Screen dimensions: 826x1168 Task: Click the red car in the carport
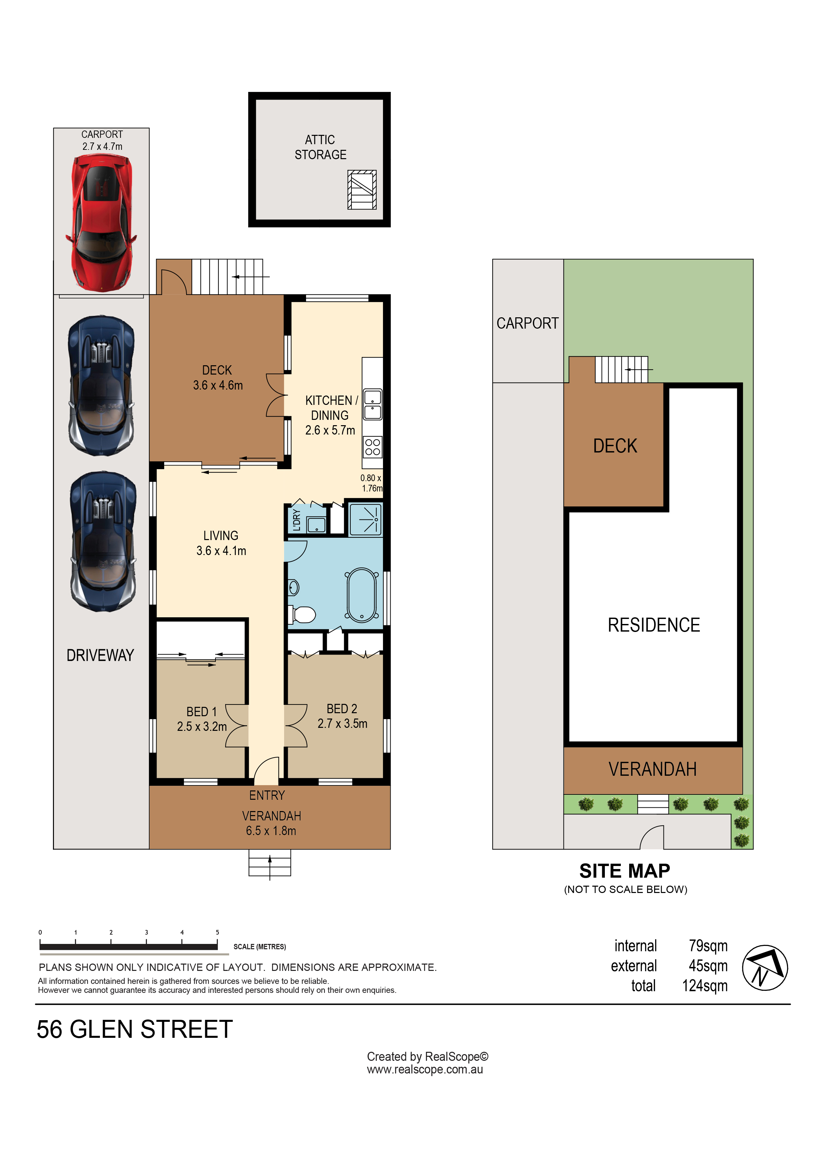[x=101, y=223]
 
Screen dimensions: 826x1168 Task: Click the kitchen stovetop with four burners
[x=373, y=446]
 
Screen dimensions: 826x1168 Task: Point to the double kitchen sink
[x=373, y=405]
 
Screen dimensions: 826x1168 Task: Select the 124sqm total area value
[x=705, y=986]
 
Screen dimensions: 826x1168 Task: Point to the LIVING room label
[x=221, y=536]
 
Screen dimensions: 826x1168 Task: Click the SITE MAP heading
[x=625, y=871]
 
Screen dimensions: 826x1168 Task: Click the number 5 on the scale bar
[x=217, y=933]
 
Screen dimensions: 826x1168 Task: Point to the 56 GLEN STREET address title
[x=135, y=1029]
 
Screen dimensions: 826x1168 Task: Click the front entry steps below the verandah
[x=270, y=863]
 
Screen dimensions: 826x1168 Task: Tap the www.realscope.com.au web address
[x=425, y=1069]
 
